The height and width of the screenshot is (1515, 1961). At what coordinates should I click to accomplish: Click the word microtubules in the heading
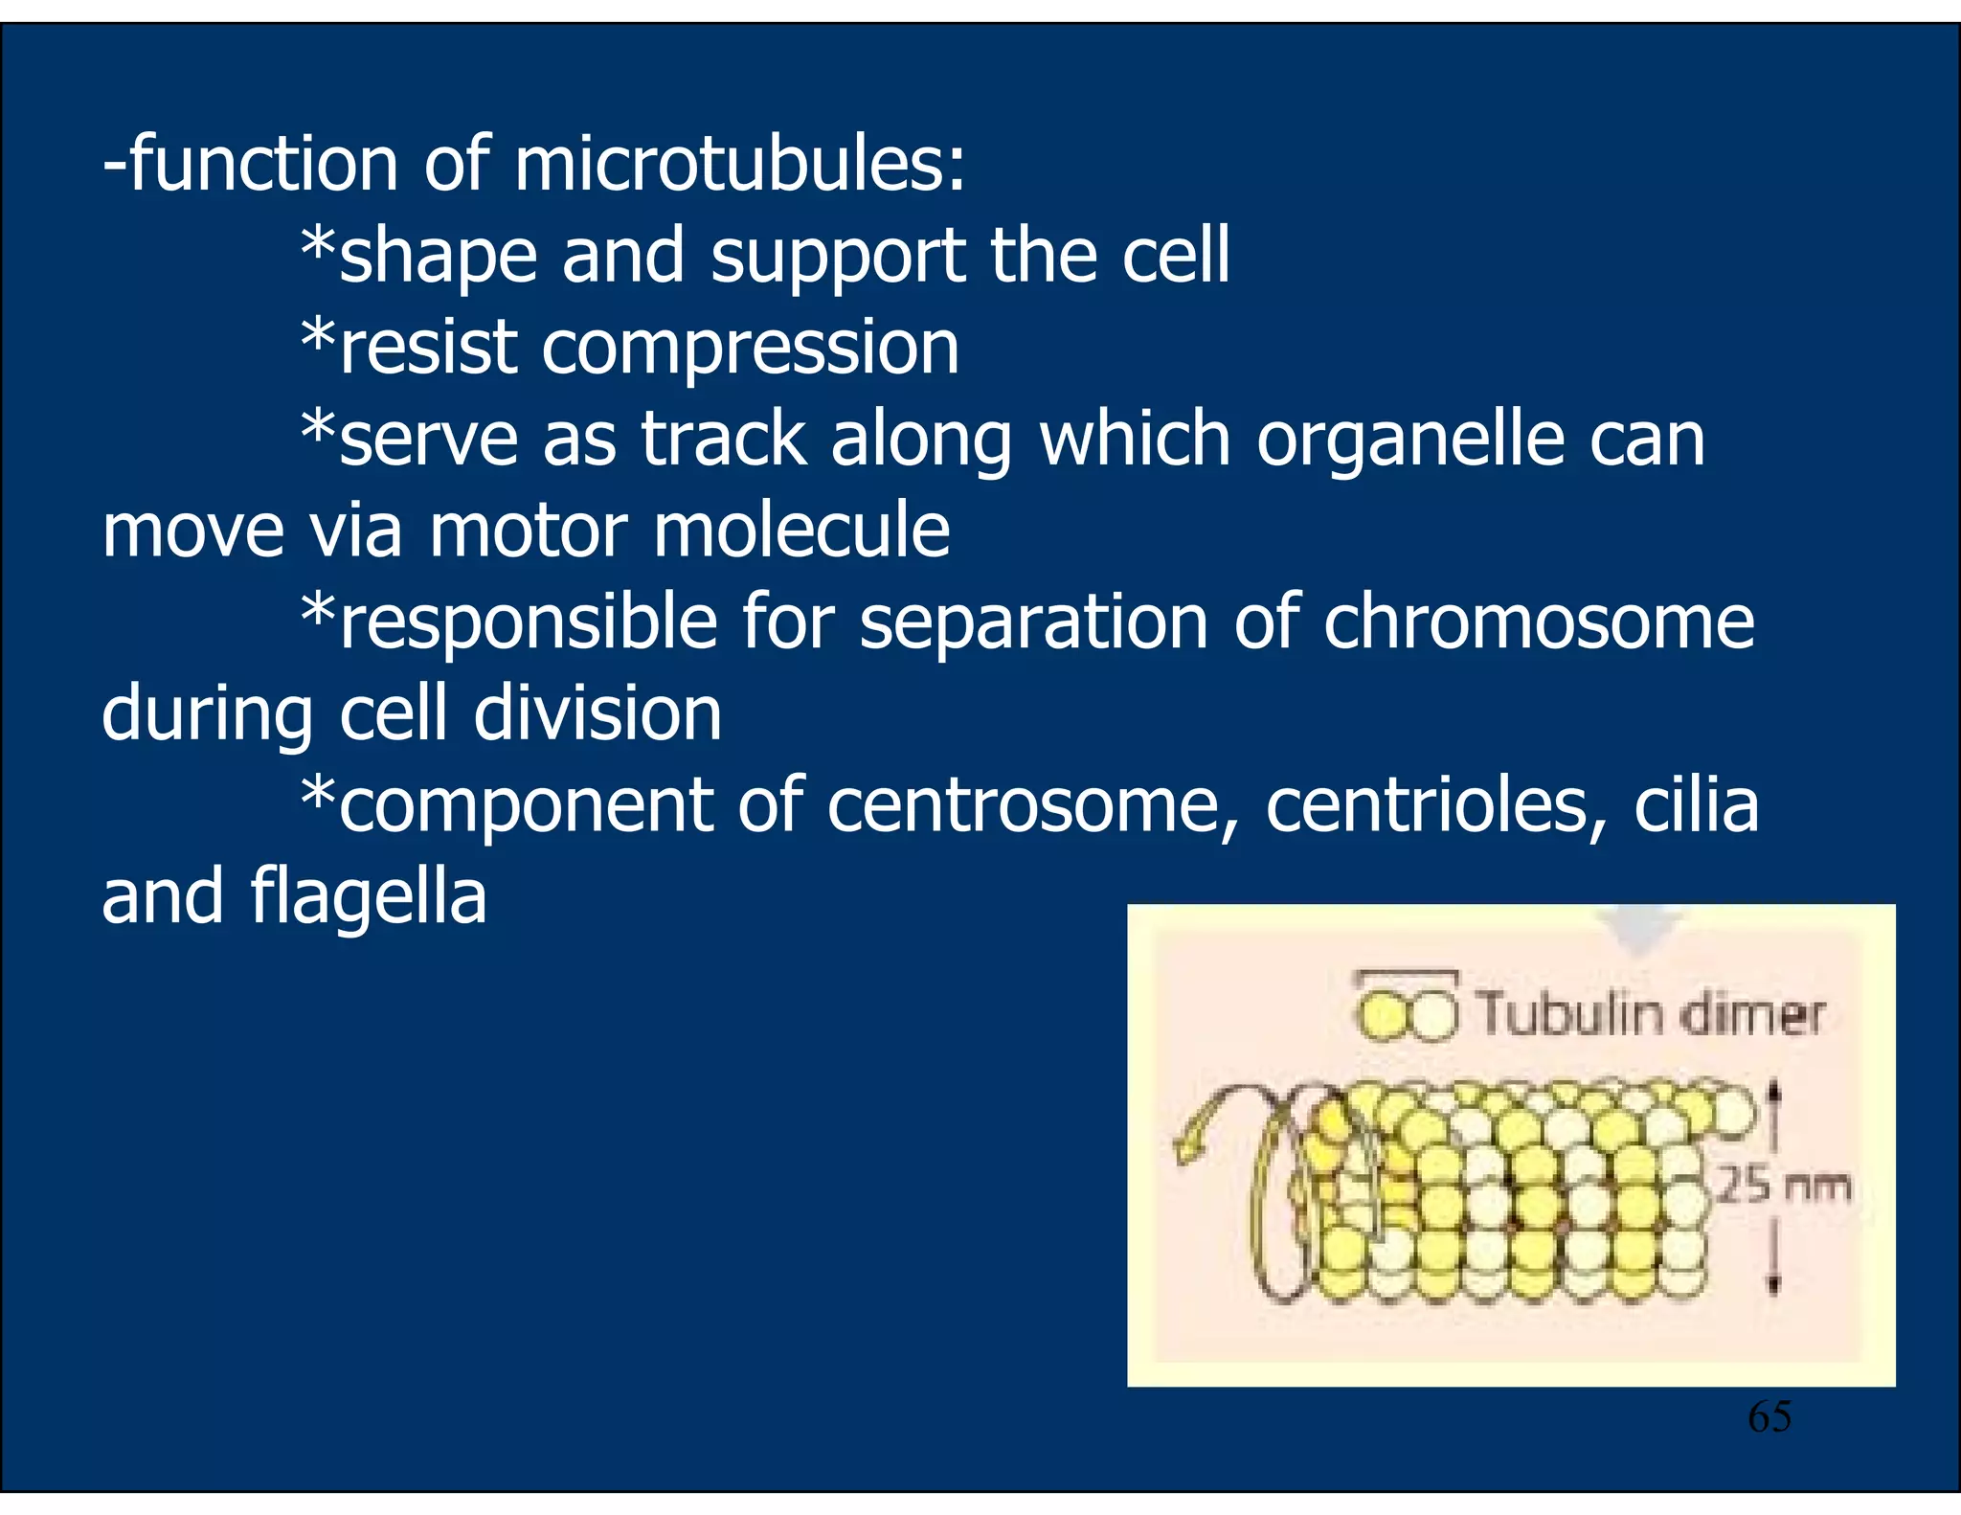click(739, 163)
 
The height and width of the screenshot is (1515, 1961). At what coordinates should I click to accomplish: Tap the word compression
click(750, 347)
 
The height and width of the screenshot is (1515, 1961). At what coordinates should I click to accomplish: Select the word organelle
click(1409, 439)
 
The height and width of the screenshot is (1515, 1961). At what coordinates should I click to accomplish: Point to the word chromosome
click(1539, 622)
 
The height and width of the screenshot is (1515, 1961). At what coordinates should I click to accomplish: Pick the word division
click(597, 713)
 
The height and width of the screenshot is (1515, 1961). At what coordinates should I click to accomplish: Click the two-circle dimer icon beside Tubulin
click(1407, 1014)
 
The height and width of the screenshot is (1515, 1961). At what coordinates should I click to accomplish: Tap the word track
click(724, 439)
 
